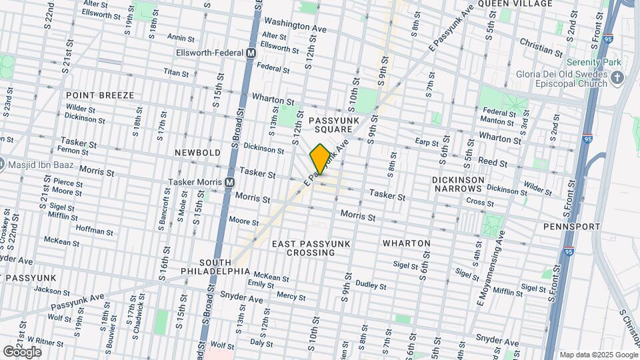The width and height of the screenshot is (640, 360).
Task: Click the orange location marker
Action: coord(320,159)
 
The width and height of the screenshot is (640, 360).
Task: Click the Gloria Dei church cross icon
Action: coord(617,79)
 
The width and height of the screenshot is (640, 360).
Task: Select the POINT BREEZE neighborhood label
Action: coord(100,95)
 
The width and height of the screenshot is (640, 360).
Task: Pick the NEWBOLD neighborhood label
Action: coord(197,153)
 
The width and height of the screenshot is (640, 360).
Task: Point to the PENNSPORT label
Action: coord(571,227)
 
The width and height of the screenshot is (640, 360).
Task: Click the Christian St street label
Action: coord(537,49)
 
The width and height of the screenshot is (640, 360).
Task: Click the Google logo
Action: coord(22,352)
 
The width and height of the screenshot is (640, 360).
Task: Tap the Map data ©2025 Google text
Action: coord(597,355)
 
